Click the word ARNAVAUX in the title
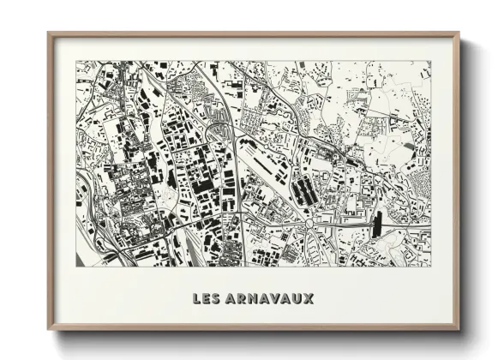[x=270, y=299]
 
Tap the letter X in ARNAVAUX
[x=309, y=299]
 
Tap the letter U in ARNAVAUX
[x=298, y=299]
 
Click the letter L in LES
[x=198, y=299]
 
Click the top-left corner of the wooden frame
[x=49, y=33]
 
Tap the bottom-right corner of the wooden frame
[x=459, y=329]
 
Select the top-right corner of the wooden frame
[x=459, y=33]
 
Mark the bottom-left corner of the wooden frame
[x=49, y=329]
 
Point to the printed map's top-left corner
[x=76, y=61]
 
